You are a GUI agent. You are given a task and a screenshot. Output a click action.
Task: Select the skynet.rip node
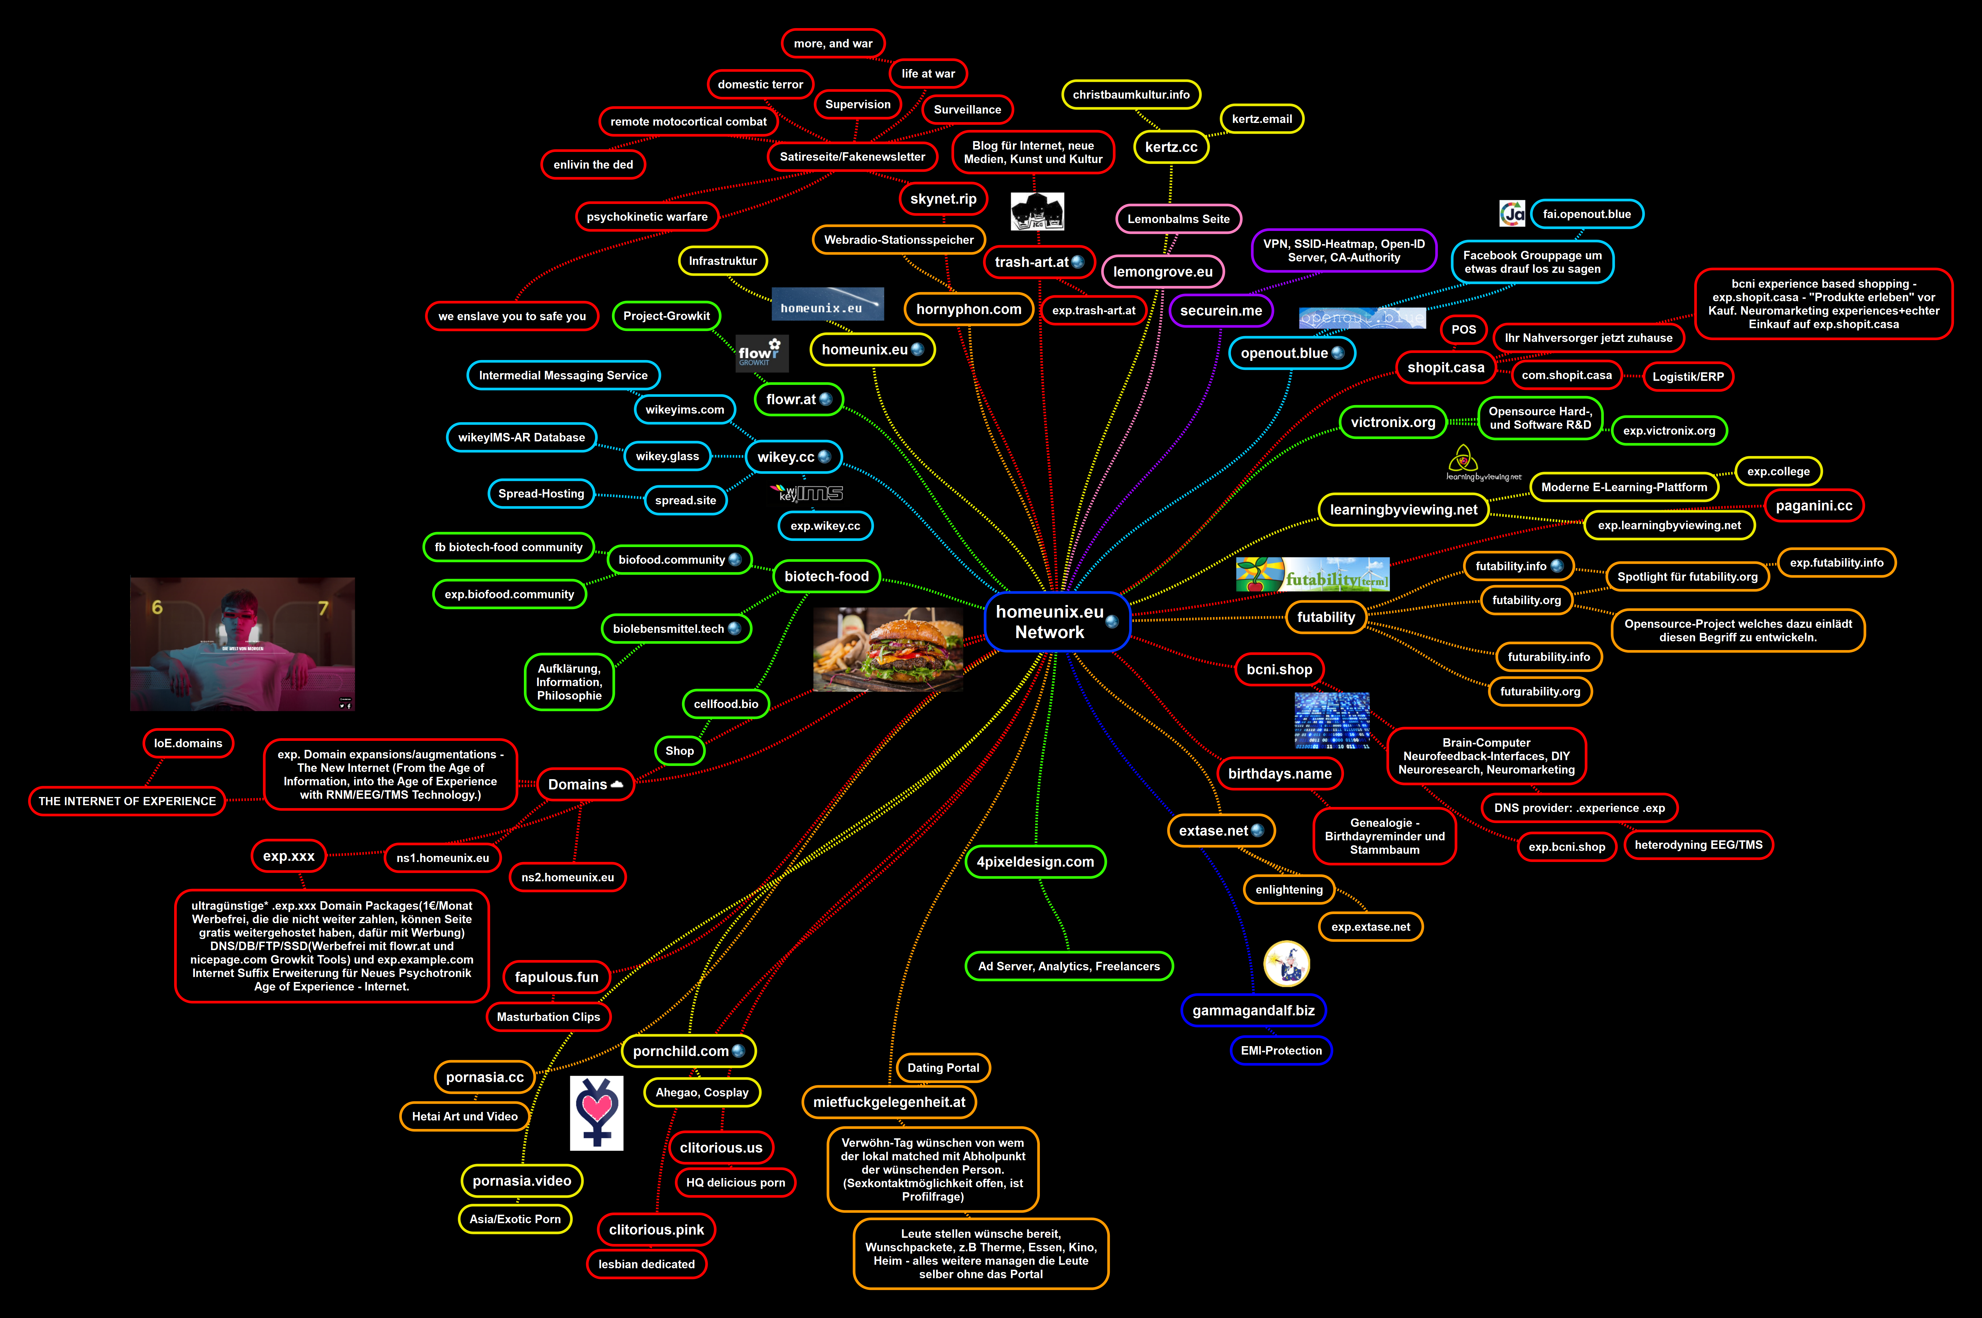coord(943,199)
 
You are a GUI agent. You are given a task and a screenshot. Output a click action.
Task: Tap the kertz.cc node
coord(1171,147)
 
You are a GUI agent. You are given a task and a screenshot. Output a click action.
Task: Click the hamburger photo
coord(889,650)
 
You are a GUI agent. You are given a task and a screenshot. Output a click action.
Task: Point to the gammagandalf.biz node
coord(1253,1010)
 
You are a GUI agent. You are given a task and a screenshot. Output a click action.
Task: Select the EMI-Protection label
coord(1281,1051)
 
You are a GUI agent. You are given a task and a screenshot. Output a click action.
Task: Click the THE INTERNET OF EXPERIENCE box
coord(127,801)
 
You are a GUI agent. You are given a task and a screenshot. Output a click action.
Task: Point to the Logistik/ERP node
coord(1688,377)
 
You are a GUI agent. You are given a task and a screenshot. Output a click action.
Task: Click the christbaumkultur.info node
coord(1131,95)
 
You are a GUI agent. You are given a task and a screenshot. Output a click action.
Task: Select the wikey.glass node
coord(667,456)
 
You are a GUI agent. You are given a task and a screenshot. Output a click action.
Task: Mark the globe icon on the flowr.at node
coord(826,399)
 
